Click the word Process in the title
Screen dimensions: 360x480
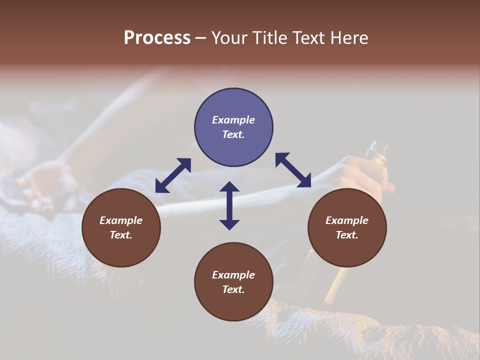click(x=157, y=38)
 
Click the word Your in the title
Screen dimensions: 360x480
click(x=229, y=38)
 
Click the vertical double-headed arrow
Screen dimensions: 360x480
click(x=229, y=205)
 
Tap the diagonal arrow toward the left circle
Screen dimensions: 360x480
click(x=173, y=175)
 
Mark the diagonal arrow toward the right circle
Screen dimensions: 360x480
click(x=293, y=170)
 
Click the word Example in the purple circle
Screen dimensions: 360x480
click(x=233, y=120)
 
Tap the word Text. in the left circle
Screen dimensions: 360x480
click(x=121, y=235)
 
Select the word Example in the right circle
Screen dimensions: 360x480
click(x=347, y=220)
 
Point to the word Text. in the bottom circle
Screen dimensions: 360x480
click(x=233, y=289)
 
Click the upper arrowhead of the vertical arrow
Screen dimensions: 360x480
click(x=229, y=186)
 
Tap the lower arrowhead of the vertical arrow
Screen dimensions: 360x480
click(x=229, y=224)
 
